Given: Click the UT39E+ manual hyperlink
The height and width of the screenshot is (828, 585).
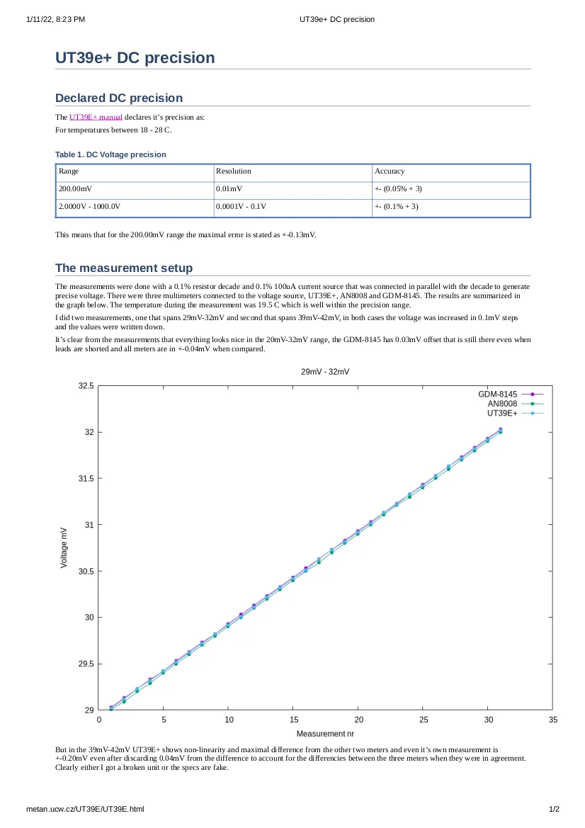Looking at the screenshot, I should pyautogui.click(x=96, y=117).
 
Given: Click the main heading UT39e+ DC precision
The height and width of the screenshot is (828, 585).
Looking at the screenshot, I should pyautogui.click(x=135, y=58).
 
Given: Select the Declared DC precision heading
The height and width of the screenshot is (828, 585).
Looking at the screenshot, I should pyautogui.click(x=118, y=98).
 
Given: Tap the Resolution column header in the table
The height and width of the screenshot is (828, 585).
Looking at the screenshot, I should pyautogui.click(x=234, y=171).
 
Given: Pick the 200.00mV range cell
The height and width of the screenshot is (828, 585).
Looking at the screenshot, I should pyautogui.click(x=75, y=189).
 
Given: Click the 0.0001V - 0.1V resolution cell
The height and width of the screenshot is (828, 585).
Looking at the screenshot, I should pyautogui.click(x=241, y=207).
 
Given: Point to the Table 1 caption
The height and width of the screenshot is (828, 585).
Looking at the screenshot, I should pyautogui.click(x=110, y=154).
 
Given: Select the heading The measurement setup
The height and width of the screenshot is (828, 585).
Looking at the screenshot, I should pyautogui.click(x=123, y=268).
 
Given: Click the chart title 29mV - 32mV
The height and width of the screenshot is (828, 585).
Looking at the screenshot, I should pyautogui.click(x=325, y=372).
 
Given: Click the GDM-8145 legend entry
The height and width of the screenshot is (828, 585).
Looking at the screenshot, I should pyautogui.click(x=497, y=394).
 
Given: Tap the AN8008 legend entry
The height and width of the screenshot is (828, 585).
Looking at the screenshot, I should pyautogui.click(x=502, y=404).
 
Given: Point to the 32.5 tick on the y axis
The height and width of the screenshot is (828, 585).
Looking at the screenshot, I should pyautogui.click(x=86, y=386).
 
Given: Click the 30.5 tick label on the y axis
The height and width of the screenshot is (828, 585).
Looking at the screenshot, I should pyautogui.click(x=86, y=572).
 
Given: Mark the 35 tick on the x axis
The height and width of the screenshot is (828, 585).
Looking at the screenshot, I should pyautogui.click(x=552, y=720).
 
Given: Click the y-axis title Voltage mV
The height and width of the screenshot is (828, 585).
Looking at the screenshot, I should pyautogui.click(x=64, y=547).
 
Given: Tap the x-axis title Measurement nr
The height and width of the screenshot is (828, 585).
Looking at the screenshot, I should pyautogui.click(x=324, y=734).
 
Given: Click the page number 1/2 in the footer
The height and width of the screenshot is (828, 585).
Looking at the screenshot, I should pyautogui.click(x=555, y=809).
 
